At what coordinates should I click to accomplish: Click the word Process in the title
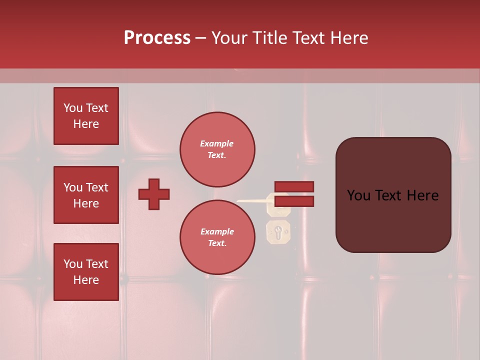pyautogui.click(x=157, y=38)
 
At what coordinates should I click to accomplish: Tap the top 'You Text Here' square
pyautogui.click(x=86, y=116)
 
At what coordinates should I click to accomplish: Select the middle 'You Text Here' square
pyautogui.click(x=86, y=195)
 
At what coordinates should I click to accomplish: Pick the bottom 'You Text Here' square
pyautogui.click(x=86, y=272)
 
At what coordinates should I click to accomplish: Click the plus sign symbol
pyautogui.click(x=154, y=194)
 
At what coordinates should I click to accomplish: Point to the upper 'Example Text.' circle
pyautogui.click(x=217, y=149)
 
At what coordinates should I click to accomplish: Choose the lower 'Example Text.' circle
pyautogui.click(x=217, y=237)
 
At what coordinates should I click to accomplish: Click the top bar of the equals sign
pyautogui.click(x=294, y=186)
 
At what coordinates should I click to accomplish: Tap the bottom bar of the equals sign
pyautogui.click(x=294, y=201)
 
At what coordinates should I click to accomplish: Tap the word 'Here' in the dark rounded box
pyautogui.click(x=422, y=195)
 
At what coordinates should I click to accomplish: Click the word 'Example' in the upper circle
pyautogui.click(x=217, y=143)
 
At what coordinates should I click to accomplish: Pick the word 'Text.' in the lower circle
pyautogui.click(x=217, y=243)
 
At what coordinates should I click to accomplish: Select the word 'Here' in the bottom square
pyautogui.click(x=86, y=280)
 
